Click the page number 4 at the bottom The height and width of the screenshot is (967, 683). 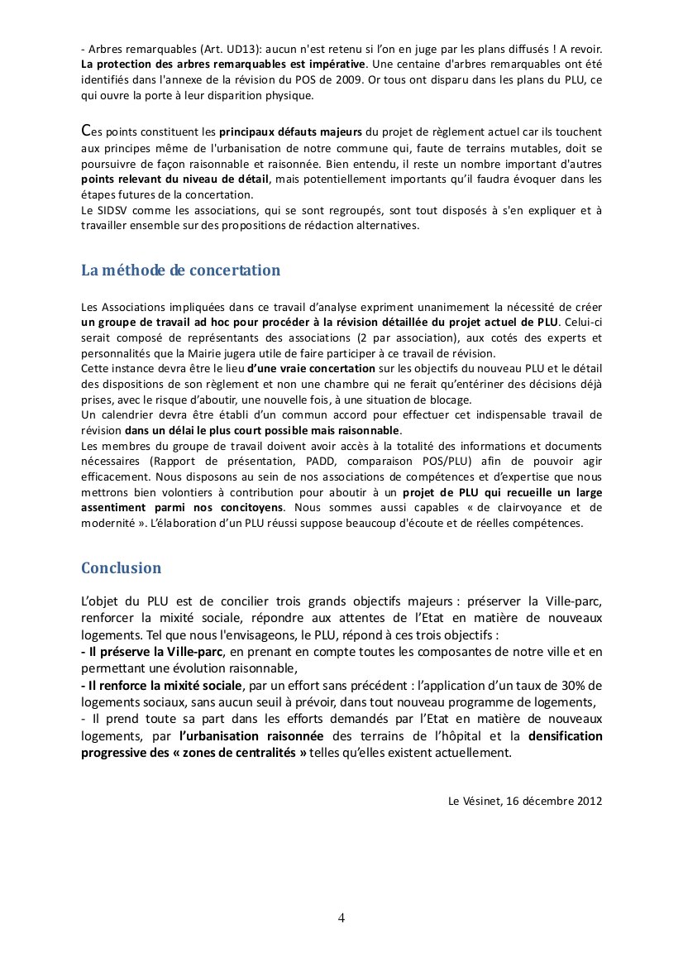coord(341,917)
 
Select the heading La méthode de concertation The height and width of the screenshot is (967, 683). coord(180,270)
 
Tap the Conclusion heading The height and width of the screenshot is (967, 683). coord(121,568)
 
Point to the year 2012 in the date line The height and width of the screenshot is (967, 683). coord(589,801)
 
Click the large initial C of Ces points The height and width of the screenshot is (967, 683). coord(86,131)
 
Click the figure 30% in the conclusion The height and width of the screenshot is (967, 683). coord(548,686)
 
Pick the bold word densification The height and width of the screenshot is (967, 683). coord(565,735)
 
